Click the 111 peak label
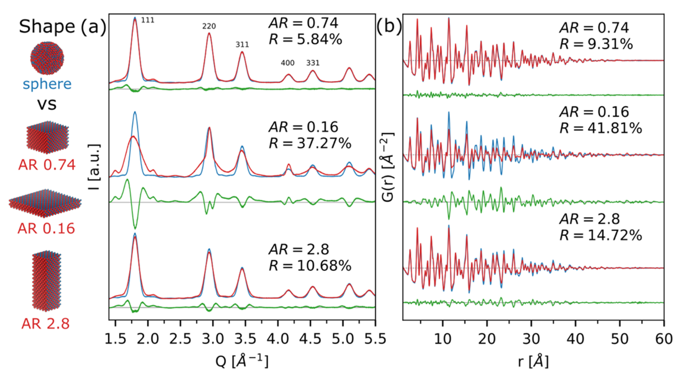[148, 20]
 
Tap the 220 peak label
[209, 26]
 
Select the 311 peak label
[242, 45]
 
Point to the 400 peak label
[287, 63]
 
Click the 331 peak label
[313, 63]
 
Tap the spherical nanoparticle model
[47, 58]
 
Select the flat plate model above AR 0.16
[45, 203]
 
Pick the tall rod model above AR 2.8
[47, 280]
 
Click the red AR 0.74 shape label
[47, 165]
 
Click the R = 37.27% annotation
[310, 144]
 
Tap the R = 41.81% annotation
[600, 129]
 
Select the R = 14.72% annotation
[600, 235]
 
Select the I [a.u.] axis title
[95, 167]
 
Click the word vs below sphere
[47, 104]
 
